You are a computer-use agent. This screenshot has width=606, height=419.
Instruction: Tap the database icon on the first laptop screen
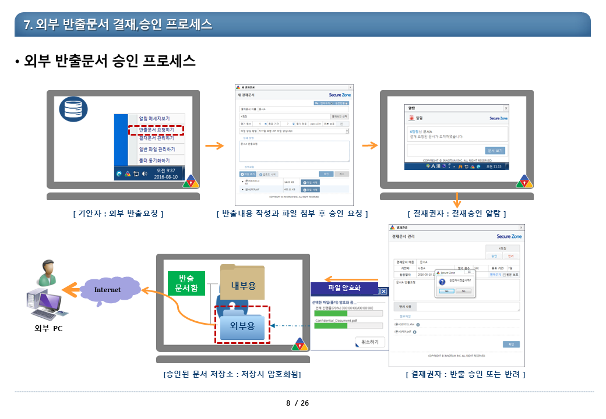[74, 108]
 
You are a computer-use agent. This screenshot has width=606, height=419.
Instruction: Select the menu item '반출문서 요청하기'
[156, 129]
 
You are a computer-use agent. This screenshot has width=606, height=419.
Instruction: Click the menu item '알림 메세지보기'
[154, 119]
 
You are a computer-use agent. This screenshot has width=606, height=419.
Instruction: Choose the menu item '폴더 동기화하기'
[154, 160]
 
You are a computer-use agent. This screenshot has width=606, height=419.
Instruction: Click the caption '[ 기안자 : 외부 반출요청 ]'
[118, 214]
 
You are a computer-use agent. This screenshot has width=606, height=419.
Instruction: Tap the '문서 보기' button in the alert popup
[495, 151]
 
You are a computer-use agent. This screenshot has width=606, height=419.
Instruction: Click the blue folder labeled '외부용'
[242, 325]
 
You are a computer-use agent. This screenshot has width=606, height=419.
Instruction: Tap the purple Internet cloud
[108, 290]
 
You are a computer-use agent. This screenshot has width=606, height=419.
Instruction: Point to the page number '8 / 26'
[298, 403]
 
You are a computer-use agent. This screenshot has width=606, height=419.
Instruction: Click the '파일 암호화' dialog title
[344, 287]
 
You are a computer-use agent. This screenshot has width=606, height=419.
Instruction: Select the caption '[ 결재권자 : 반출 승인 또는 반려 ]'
[465, 374]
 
